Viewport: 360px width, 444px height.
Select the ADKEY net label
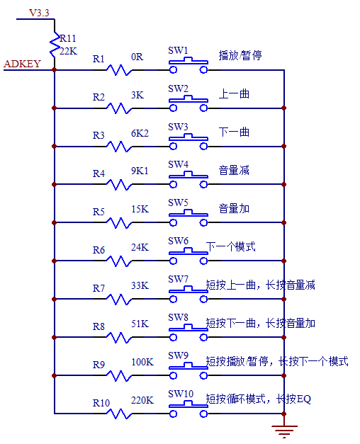point(23,64)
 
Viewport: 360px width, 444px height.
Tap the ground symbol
point(284,429)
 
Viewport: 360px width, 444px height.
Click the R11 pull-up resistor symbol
point(55,45)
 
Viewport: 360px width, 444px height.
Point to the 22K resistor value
point(68,50)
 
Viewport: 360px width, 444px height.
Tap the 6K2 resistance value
point(140,133)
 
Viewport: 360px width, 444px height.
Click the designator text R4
point(99,172)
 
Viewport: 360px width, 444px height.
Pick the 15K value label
point(140,210)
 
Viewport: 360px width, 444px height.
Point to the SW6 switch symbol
point(188,258)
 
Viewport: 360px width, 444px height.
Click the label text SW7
point(178,279)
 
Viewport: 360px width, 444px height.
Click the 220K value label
point(142,401)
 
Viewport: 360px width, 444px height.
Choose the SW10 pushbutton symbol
point(188,411)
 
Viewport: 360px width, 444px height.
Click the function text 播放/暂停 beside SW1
point(240,55)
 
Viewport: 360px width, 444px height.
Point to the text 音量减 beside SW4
point(234,171)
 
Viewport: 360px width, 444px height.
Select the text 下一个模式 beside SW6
point(231,247)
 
